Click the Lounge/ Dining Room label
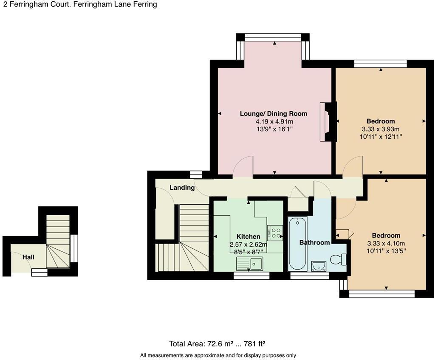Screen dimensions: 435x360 point(273,113)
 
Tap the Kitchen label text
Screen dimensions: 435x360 point(248,236)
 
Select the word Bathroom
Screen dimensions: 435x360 point(314,242)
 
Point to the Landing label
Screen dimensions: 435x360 point(182,188)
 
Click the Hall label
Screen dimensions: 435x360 point(28,257)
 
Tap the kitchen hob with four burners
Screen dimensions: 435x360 point(275,233)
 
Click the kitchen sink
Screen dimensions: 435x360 point(250,264)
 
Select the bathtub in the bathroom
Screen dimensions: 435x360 point(297,244)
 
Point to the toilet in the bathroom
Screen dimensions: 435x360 point(338,259)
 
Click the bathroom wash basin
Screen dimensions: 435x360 point(319,266)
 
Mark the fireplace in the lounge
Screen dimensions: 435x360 point(328,122)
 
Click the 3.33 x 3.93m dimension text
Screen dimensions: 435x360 point(381,129)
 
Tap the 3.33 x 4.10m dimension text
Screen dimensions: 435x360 point(386,244)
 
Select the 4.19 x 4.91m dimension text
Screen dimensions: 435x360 point(274,121)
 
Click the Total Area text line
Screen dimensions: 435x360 point(217,344)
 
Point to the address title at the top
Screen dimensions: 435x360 point(80,4)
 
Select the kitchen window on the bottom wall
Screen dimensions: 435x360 point(251,276)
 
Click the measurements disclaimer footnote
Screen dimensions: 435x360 point(218,355)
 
